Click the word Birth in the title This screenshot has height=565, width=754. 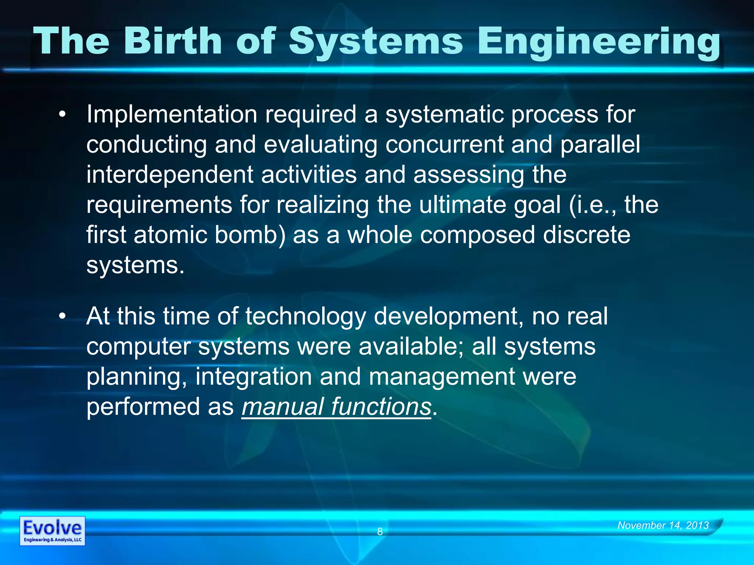coord(173,41)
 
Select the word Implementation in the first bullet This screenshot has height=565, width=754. coord(172,115)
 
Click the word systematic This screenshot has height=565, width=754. coord(444,115)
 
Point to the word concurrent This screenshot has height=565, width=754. coord(444,145)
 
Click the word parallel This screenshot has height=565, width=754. coord(600,145)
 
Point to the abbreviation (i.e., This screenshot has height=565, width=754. coord(592,205)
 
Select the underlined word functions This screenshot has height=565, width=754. coord(381,407)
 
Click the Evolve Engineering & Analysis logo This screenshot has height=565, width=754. coord(52,530)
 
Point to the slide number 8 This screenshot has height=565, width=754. coord(380,532)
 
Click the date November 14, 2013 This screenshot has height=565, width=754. coord(663,525)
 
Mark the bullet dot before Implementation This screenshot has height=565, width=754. coord(63,115)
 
